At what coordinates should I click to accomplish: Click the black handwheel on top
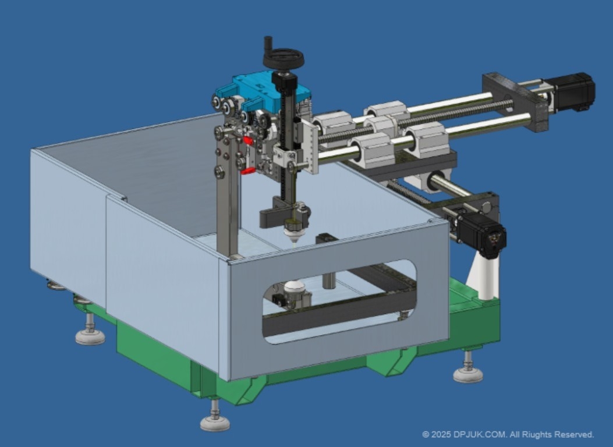pyautogui.click(x=284, y=59)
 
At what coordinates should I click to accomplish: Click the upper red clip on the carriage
pyautogui.click(x=248, y=141)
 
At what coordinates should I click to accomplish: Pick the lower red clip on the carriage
pyautogui.click(x=247, y=171)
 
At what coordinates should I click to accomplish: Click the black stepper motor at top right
pyautogui.click(x=573, y=92)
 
